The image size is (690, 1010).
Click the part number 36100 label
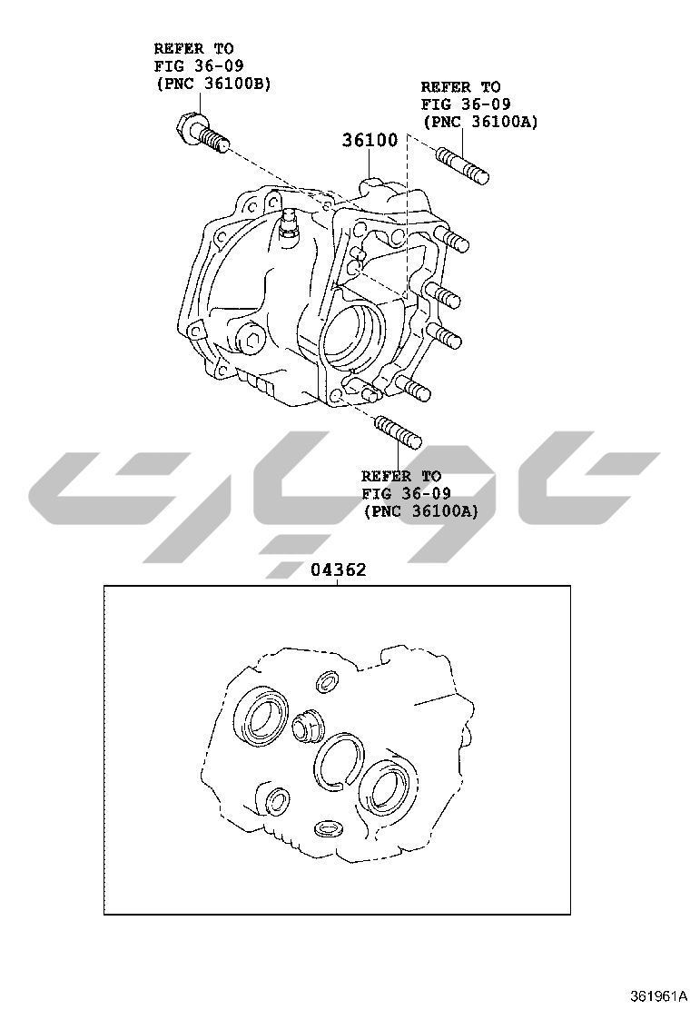point(370,140)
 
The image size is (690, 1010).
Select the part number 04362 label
point(338,569)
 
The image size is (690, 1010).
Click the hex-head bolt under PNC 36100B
point(201,132)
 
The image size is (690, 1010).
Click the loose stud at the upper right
point(463,165)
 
